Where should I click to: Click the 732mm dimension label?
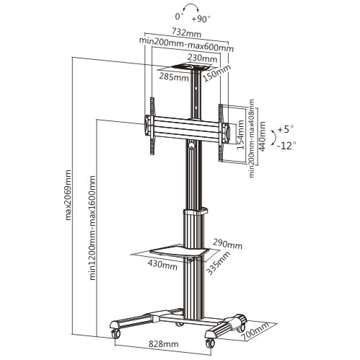point(187,32)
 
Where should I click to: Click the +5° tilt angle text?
point(286,130)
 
